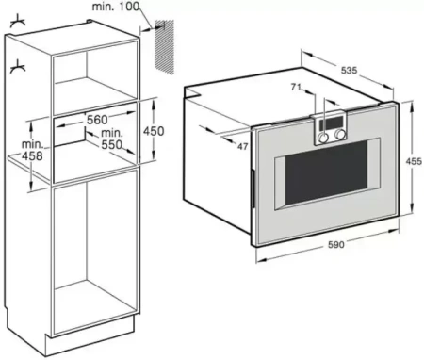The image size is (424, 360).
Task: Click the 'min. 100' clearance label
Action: click(x=115, y=8)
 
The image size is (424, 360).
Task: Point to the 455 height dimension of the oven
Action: click(x=412, y=161)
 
